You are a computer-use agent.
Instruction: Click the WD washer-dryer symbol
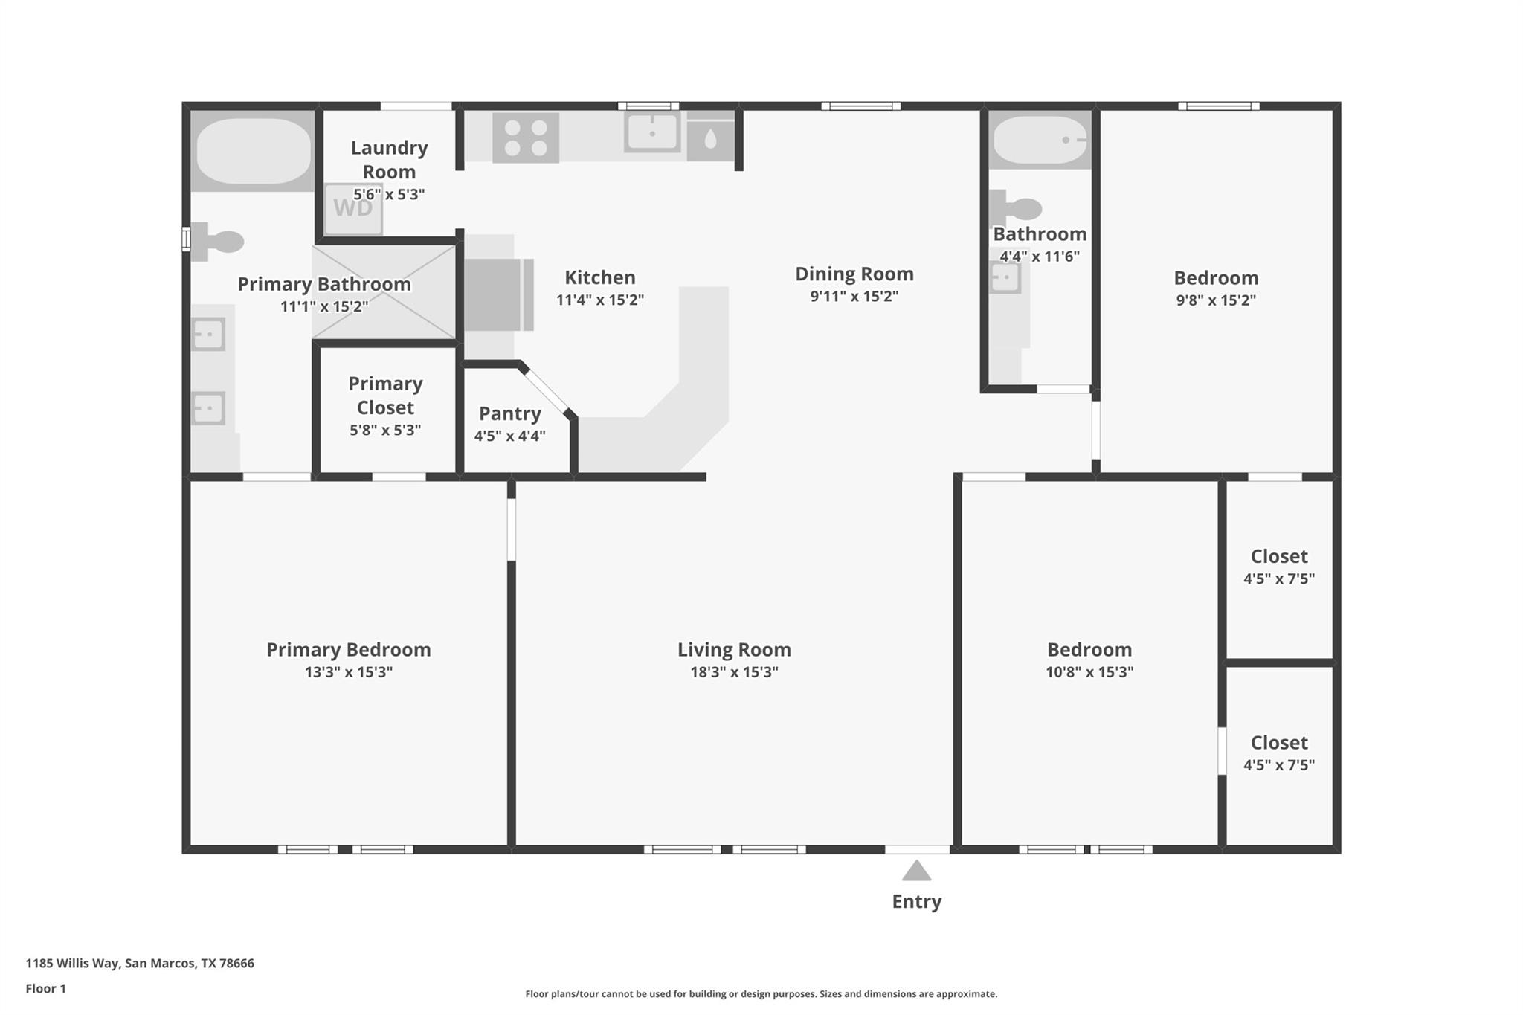[353, 208]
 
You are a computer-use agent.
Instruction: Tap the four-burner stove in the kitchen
[525, 138]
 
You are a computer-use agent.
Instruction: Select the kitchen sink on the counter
[651, 132]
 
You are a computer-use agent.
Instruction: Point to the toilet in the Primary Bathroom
[217, 242]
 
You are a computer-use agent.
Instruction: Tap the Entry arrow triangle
[916, 871]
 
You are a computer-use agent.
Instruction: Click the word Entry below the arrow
[916, 901]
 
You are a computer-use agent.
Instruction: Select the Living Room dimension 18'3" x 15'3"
[733, 672]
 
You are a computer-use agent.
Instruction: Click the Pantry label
[509, 413]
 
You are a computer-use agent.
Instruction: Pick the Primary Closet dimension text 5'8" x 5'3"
[385, 430]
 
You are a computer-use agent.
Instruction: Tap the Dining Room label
[854, 274]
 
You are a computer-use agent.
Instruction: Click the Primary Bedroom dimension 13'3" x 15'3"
[348, 672]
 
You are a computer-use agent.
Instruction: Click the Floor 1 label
[45, 988]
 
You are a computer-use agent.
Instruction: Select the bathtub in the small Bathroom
[1039, 140]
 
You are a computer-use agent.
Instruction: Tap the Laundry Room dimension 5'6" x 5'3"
[388, 194]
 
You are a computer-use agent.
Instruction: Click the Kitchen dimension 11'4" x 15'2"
[599, 300]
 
